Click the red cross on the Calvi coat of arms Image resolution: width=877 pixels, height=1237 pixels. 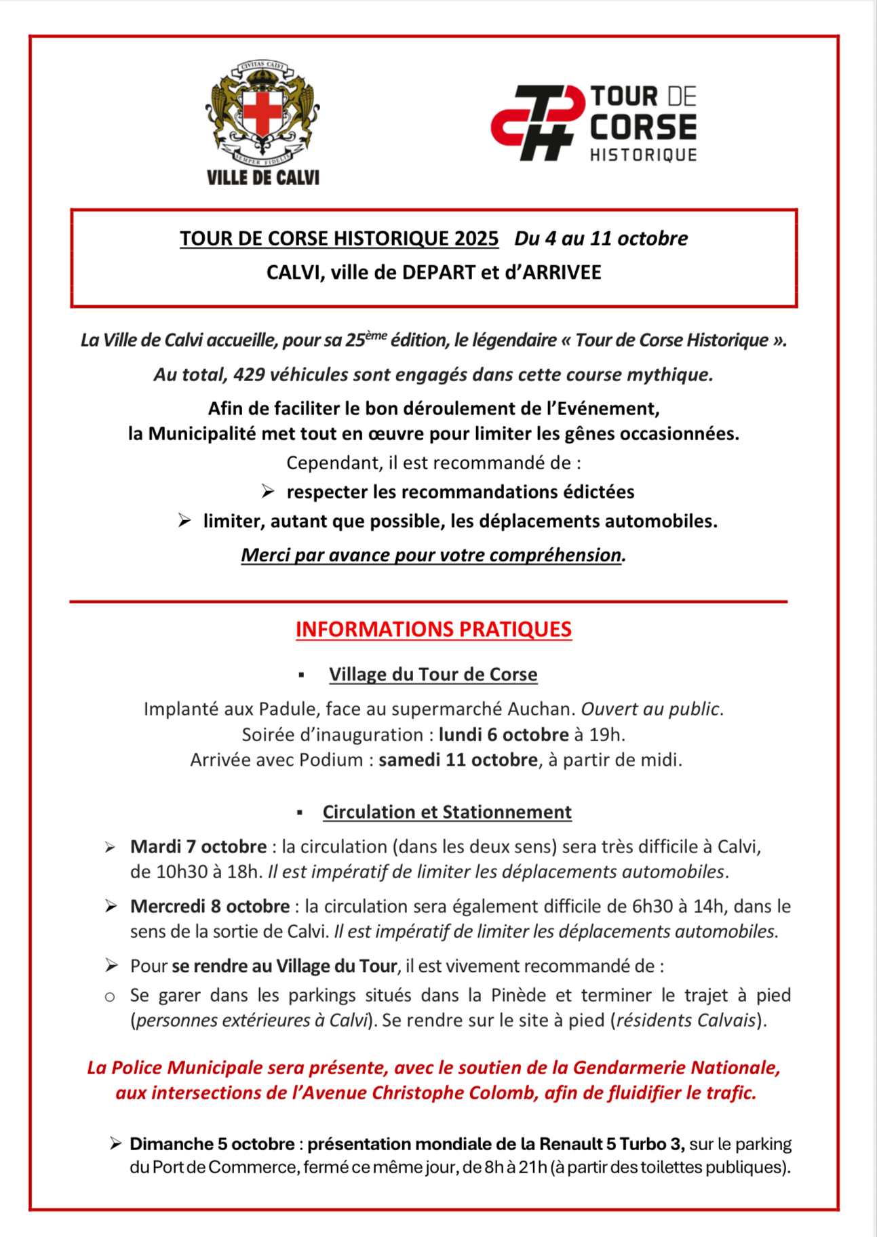point(262,111)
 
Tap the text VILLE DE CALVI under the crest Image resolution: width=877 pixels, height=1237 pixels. point(262,178)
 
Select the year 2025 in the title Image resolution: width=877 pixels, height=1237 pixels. point(477,239)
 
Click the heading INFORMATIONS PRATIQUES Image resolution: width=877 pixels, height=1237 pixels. point(433,629)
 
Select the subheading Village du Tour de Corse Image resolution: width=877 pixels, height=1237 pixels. point(433,675)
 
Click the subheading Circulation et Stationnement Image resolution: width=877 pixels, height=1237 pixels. point(447,812)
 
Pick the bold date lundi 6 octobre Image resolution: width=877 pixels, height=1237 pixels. point(503,735)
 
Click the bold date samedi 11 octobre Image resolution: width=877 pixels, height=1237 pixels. point(458,760)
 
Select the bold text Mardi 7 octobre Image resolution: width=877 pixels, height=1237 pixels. point(198,847)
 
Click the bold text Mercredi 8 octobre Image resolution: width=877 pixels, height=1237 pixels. point(210,907)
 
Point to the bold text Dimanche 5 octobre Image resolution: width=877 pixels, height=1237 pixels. point(212,1145)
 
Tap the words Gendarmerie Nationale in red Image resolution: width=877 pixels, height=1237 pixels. point(676,1068)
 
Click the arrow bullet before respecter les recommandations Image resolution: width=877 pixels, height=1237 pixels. point(268,492)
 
